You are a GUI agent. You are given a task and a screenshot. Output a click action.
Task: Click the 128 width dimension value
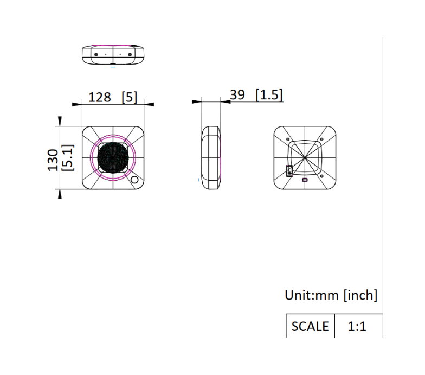point(100,97)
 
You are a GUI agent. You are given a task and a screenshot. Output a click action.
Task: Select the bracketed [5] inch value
point(129,97)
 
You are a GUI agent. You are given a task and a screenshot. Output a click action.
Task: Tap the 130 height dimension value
point(53,160)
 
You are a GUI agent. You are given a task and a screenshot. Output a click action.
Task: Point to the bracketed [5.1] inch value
point(68,157)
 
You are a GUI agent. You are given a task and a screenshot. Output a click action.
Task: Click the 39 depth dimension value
point(237,94)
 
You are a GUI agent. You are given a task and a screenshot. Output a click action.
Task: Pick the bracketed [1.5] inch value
point(269,95)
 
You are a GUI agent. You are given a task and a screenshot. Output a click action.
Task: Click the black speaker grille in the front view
point(113,157)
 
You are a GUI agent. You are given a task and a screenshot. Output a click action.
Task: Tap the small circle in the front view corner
point(134,180)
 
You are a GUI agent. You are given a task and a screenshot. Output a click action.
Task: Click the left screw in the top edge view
point(96,54)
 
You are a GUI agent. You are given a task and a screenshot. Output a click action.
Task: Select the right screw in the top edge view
point(130,54)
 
